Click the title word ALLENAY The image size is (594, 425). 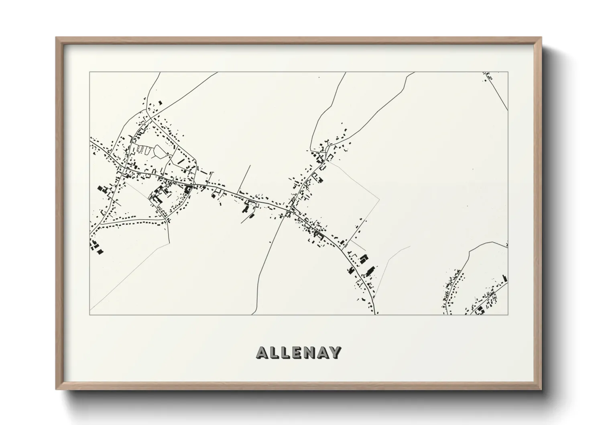point(299,353)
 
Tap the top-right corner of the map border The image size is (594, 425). point(508,72)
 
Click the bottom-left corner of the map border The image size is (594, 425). point(90,315)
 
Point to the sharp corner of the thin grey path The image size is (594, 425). point(379,198)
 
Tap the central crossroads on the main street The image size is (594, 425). point(288,210)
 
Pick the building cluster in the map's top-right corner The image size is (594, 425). point(488,76)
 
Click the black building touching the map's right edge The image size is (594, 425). point(505,278)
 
